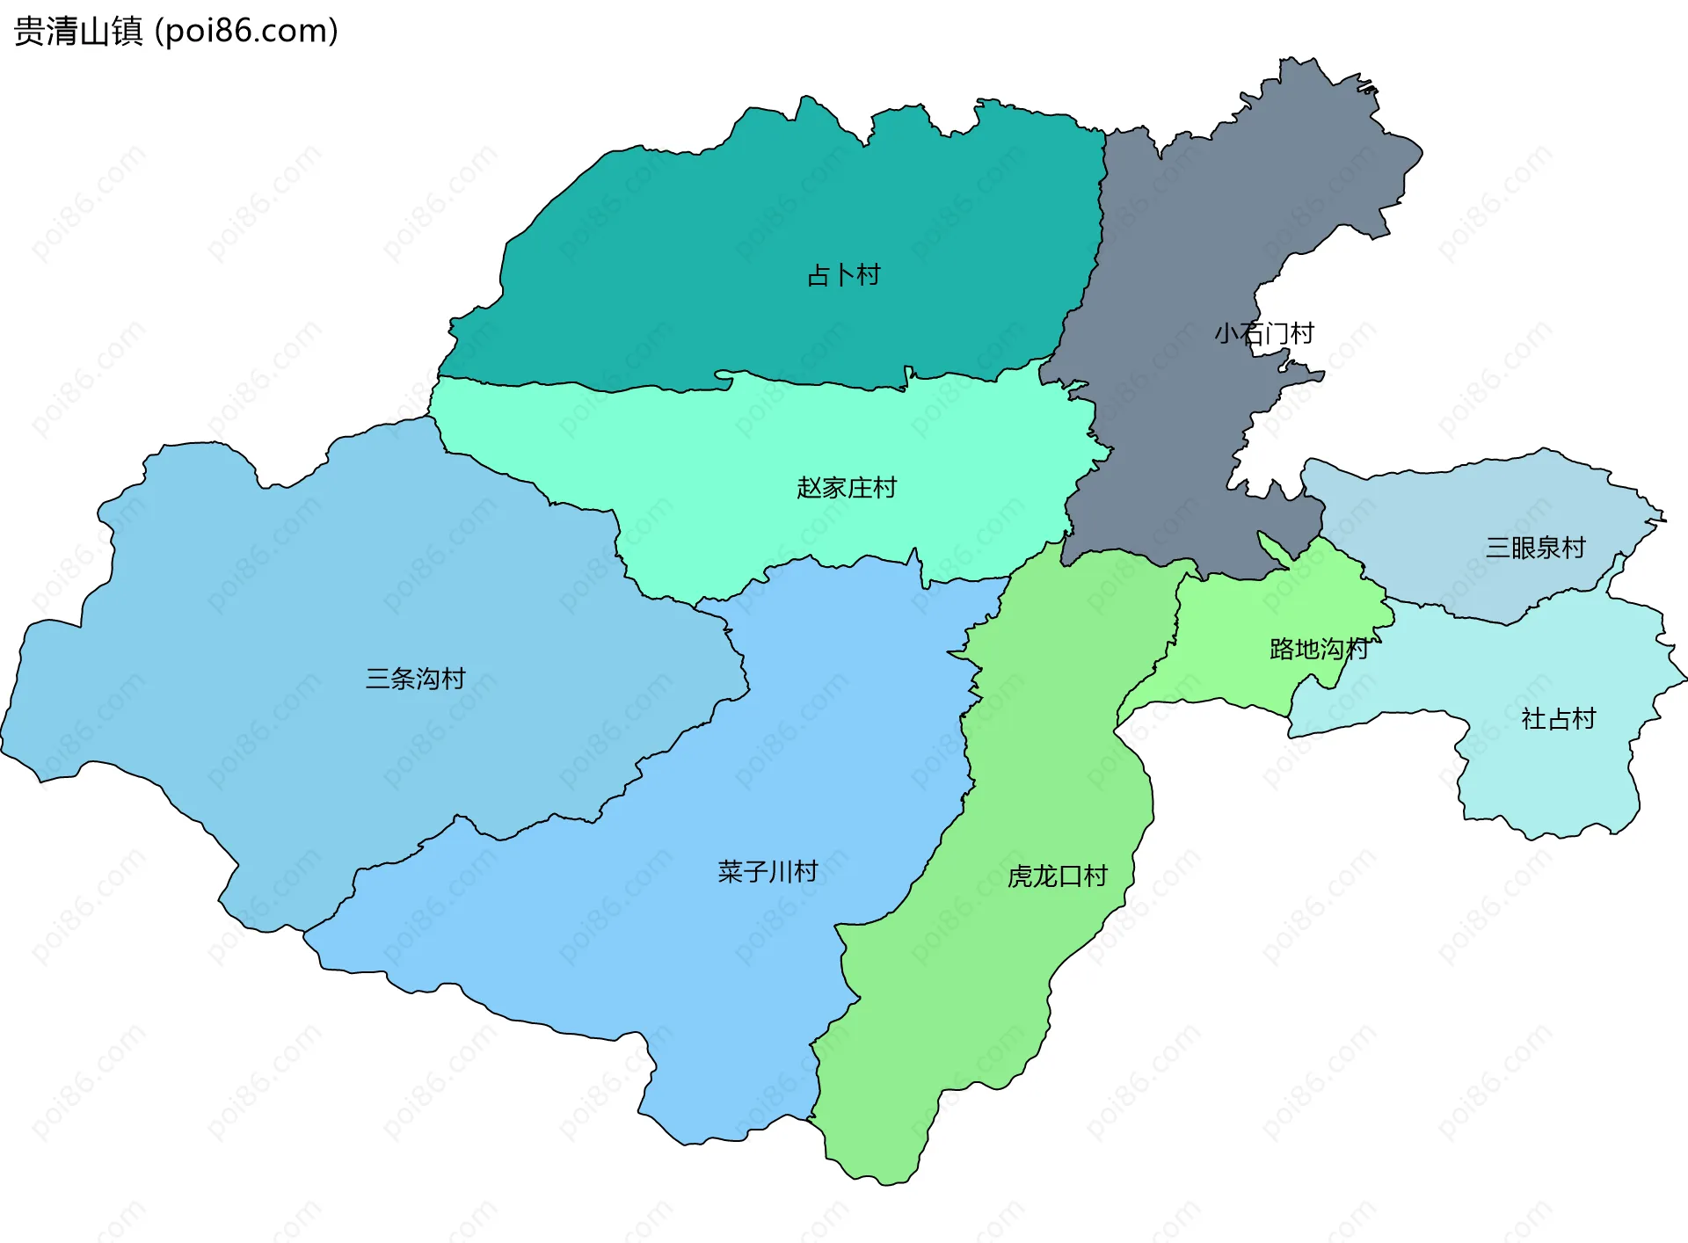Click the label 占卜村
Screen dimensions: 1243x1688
pos(844,275)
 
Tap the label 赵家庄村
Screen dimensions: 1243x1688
pos(847,487)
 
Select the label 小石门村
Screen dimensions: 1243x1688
pos(1264,333)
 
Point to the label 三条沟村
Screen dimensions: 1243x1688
pos(415,679)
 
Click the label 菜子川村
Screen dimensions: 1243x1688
pos(768,871)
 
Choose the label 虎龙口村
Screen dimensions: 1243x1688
pos(1058,876)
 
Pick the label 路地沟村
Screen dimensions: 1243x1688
pos(1319,650)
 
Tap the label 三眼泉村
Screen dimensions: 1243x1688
pos(1535,548)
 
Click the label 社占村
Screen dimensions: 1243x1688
pos(1559,719)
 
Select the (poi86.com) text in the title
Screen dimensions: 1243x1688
pos(247,32)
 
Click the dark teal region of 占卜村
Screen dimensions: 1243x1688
pos(703,220)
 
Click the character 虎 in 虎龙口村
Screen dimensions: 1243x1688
pos(1021,876)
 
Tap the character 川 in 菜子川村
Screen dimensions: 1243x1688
pos(780,871)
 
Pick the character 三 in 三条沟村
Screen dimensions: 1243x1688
pos(378,679)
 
